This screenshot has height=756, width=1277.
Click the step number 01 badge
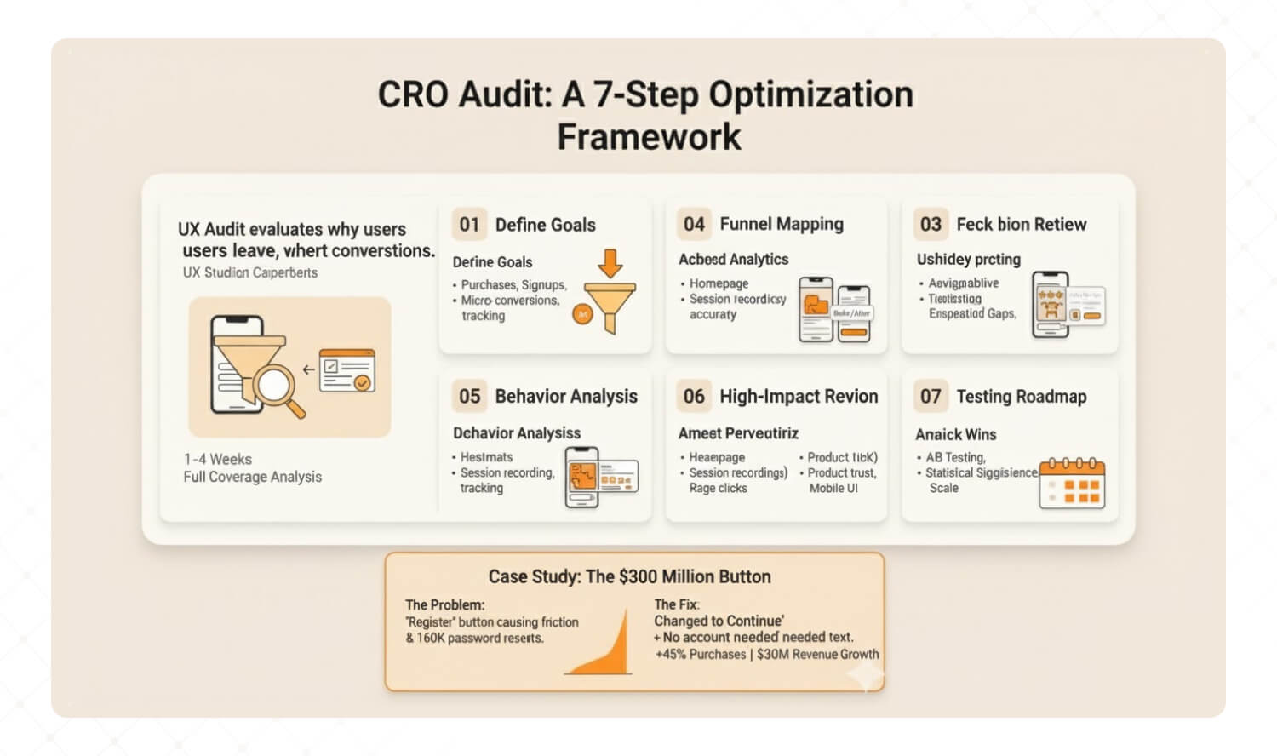[x=469, y=225]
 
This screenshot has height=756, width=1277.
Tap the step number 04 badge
[x=694, y=225]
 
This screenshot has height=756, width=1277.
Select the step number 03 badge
[x=931, y=225]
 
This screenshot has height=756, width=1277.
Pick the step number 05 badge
[x=469, y=397]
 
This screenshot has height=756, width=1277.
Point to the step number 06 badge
[x=694, y=397]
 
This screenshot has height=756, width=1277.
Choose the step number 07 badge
[x=931, y=397]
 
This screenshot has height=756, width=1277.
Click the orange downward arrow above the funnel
[x=610, y=263]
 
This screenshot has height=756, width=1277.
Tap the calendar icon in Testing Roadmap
[x=1072, y=484]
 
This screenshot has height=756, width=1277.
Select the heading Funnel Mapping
[x=782, y=224]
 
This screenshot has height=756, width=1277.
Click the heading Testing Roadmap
[x=1022, y=397]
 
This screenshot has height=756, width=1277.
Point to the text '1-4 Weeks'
[x=218, y=459]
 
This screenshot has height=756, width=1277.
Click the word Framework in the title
[x=649, y=137]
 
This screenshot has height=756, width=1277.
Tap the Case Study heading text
[x=629, y=576]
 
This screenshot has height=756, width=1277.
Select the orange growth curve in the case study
[x=606, y=650]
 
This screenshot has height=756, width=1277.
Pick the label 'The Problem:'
[x=444, y=604]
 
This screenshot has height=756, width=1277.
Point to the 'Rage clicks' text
[x=718, y=488]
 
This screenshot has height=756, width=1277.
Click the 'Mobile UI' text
[x=833, y=488]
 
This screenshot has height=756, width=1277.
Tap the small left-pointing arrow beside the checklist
[x=308, y=369]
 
